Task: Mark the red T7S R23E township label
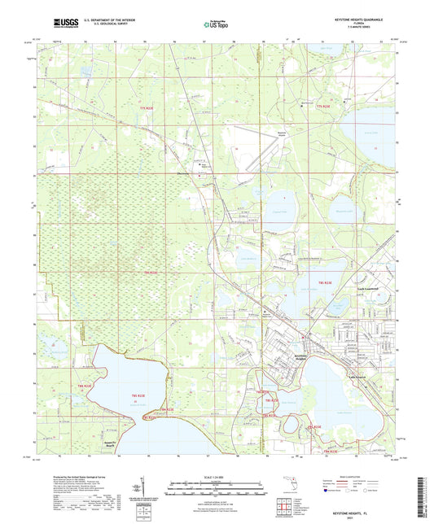(324, 107)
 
